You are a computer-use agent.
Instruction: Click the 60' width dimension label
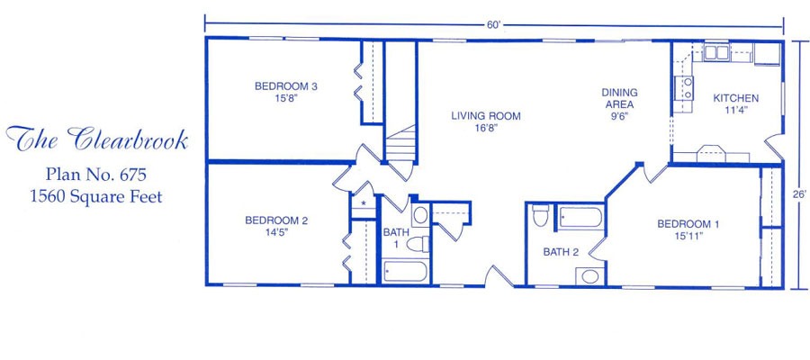click(x=494, y=26)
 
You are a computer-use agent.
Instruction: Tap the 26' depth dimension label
click(x=799, y=194)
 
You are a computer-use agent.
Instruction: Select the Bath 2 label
click(x=561, y=252)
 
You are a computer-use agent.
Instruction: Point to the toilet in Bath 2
click(x=540, y=215)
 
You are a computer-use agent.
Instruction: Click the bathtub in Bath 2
click(x=580, y=218)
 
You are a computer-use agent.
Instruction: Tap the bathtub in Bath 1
click(x=406, y=272)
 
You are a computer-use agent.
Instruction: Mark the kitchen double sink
click(x=716, y=53)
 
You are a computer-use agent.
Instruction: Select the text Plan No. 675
click(x=96, y=174)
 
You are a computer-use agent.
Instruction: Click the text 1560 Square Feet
click(x=96, y=196)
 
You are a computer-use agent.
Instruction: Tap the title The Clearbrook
click(x=96, y=139)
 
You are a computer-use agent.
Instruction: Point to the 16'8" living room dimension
click(x=486, y=129)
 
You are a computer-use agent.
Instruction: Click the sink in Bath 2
click(x=589, y=276)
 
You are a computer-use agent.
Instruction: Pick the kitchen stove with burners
click(x=684, y=88)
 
